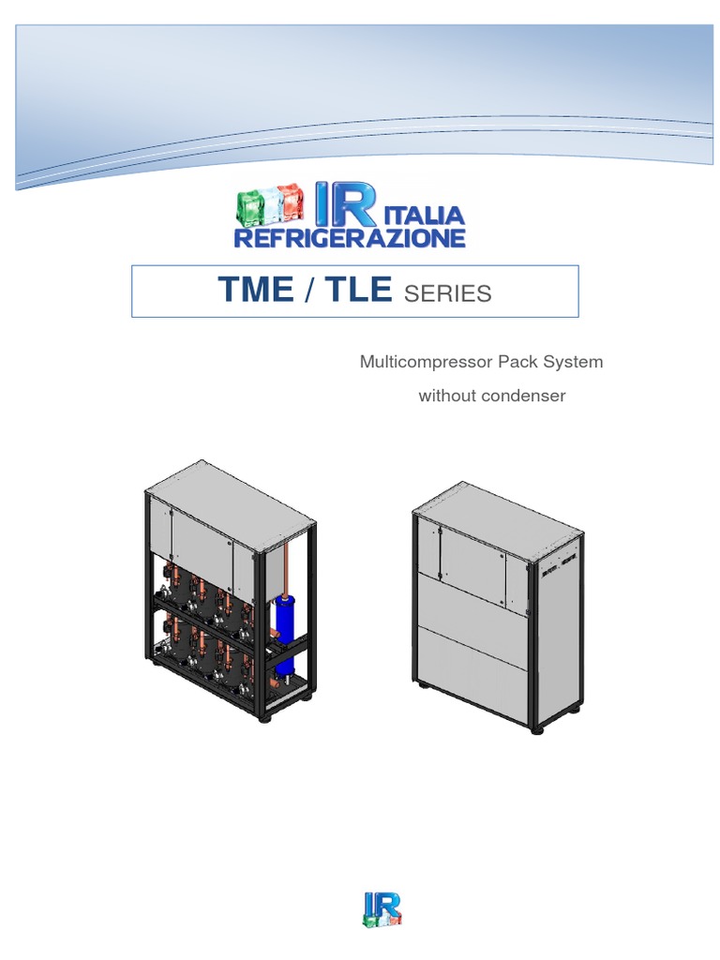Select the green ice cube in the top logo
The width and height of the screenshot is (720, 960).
(x=250, y=203)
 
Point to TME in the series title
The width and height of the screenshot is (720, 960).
(x=256, y=291)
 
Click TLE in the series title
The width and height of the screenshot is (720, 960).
(x=356, y=291)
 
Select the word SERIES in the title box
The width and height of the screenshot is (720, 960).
(x=447, y=293)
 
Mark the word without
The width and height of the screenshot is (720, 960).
(x=446, y=396)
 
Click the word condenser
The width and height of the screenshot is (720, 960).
(x=524, y=396)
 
